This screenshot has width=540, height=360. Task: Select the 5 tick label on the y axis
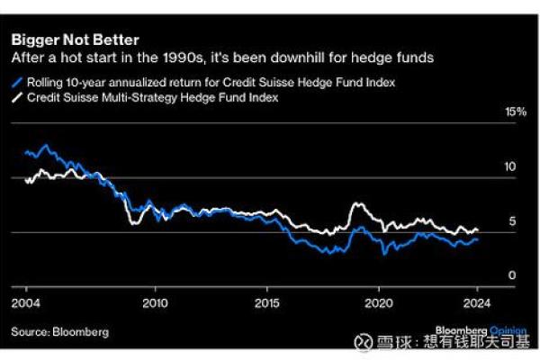pos(511,221)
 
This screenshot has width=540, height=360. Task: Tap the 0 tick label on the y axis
pos(511,275)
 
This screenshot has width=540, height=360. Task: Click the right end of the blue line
pos(478,239)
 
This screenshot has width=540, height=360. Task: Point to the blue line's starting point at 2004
pos(25,153)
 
